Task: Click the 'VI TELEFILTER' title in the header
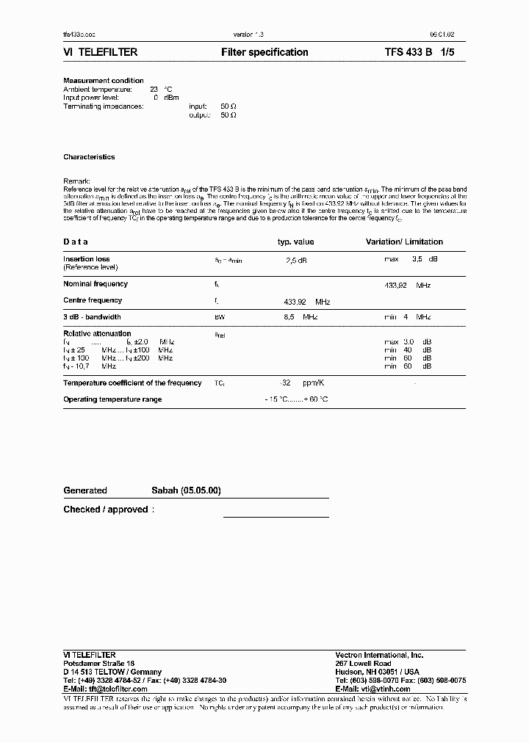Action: tap(101, 53)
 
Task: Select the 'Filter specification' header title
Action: tap(264, 53)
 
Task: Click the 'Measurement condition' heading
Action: tap(104, 81)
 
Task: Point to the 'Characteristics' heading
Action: tap(89, 157)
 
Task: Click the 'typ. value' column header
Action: tap(295, 242)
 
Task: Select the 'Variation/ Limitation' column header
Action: tap(404, 242)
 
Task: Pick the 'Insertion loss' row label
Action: tap(87, 259)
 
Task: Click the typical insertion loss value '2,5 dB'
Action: tap(296, 260)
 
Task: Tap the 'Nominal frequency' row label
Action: tap(96, 284)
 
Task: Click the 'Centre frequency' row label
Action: tap(93, 300)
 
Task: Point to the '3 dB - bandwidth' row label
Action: tap(92, 317)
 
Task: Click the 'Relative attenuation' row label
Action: tap(97, 334)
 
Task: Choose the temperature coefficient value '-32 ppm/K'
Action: tap(296, 383)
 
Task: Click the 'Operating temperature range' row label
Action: tap(112, 399)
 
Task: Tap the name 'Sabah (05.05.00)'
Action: tap(186, 490)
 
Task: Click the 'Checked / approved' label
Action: tap(109, 510)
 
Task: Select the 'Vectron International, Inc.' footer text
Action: tap(379, 655)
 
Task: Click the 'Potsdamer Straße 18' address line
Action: tap(98, 663)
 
